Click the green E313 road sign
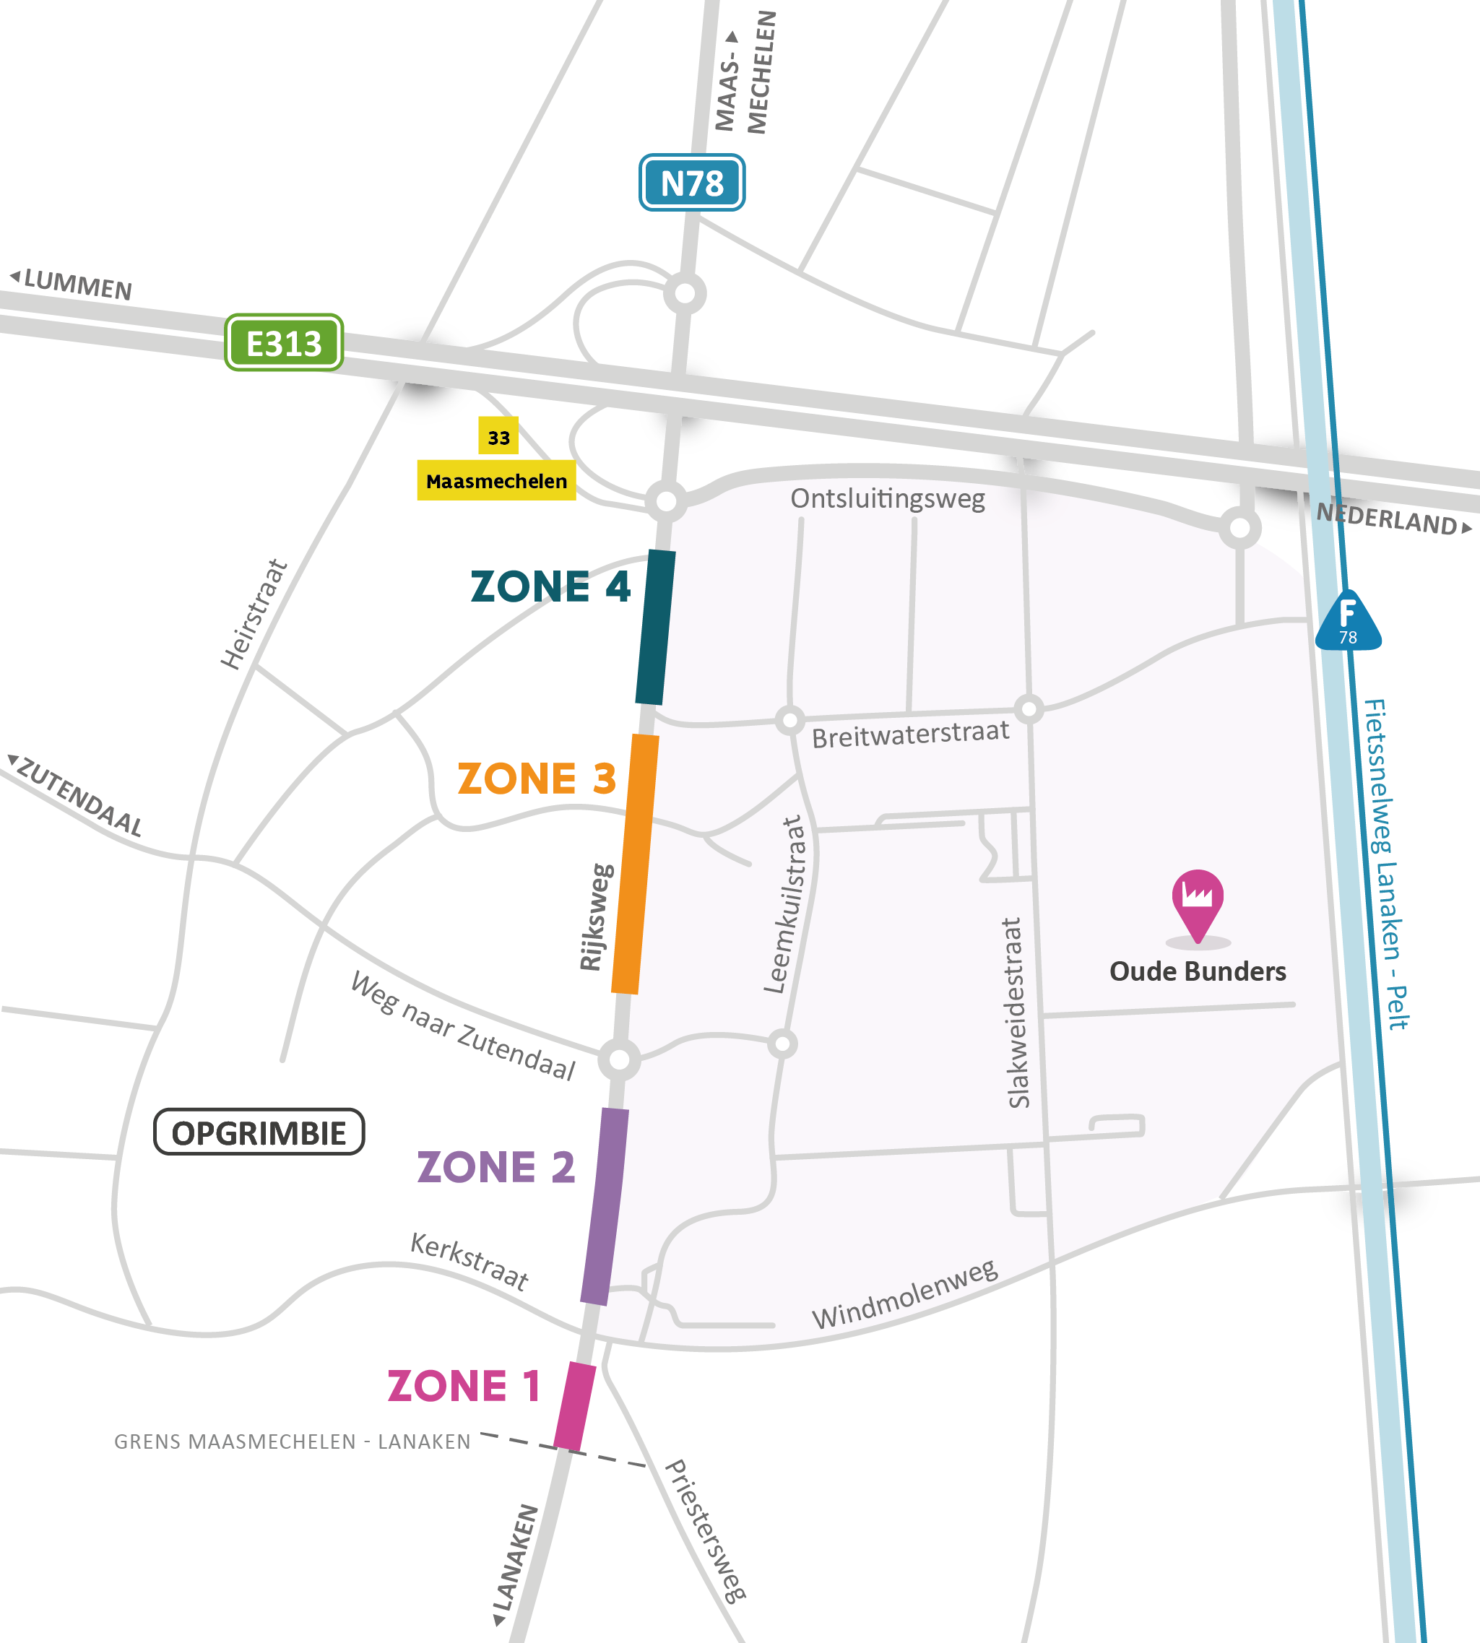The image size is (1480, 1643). point(284,342)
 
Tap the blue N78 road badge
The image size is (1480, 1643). point(691,183)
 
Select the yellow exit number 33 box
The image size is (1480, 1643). point(498,436)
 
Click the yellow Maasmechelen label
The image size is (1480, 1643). point(496,480)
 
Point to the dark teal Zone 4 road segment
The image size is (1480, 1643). point(655,627)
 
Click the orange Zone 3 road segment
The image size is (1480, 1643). point(635,863)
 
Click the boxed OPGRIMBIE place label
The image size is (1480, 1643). point(259,1132)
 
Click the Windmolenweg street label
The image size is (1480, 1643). point(905,1294)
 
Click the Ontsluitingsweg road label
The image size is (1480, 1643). point(887,498)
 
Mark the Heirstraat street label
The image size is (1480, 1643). point(254,615)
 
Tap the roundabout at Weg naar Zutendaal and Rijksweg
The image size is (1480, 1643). point(620,1059)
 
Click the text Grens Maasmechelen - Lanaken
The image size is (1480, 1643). point(292,1442)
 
